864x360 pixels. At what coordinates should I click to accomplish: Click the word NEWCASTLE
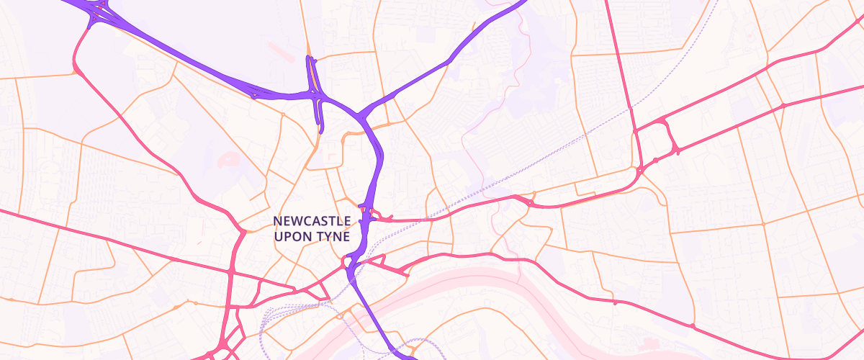point(312,220)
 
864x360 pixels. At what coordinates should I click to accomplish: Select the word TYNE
point(333,235)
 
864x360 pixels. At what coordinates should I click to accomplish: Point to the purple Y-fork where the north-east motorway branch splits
point(367,112)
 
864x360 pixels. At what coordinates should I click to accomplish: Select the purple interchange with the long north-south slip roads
point(315,94)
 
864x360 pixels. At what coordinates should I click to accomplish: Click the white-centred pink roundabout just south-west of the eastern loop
point(640,170)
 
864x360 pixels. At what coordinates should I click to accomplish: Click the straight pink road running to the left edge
point(72,230)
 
